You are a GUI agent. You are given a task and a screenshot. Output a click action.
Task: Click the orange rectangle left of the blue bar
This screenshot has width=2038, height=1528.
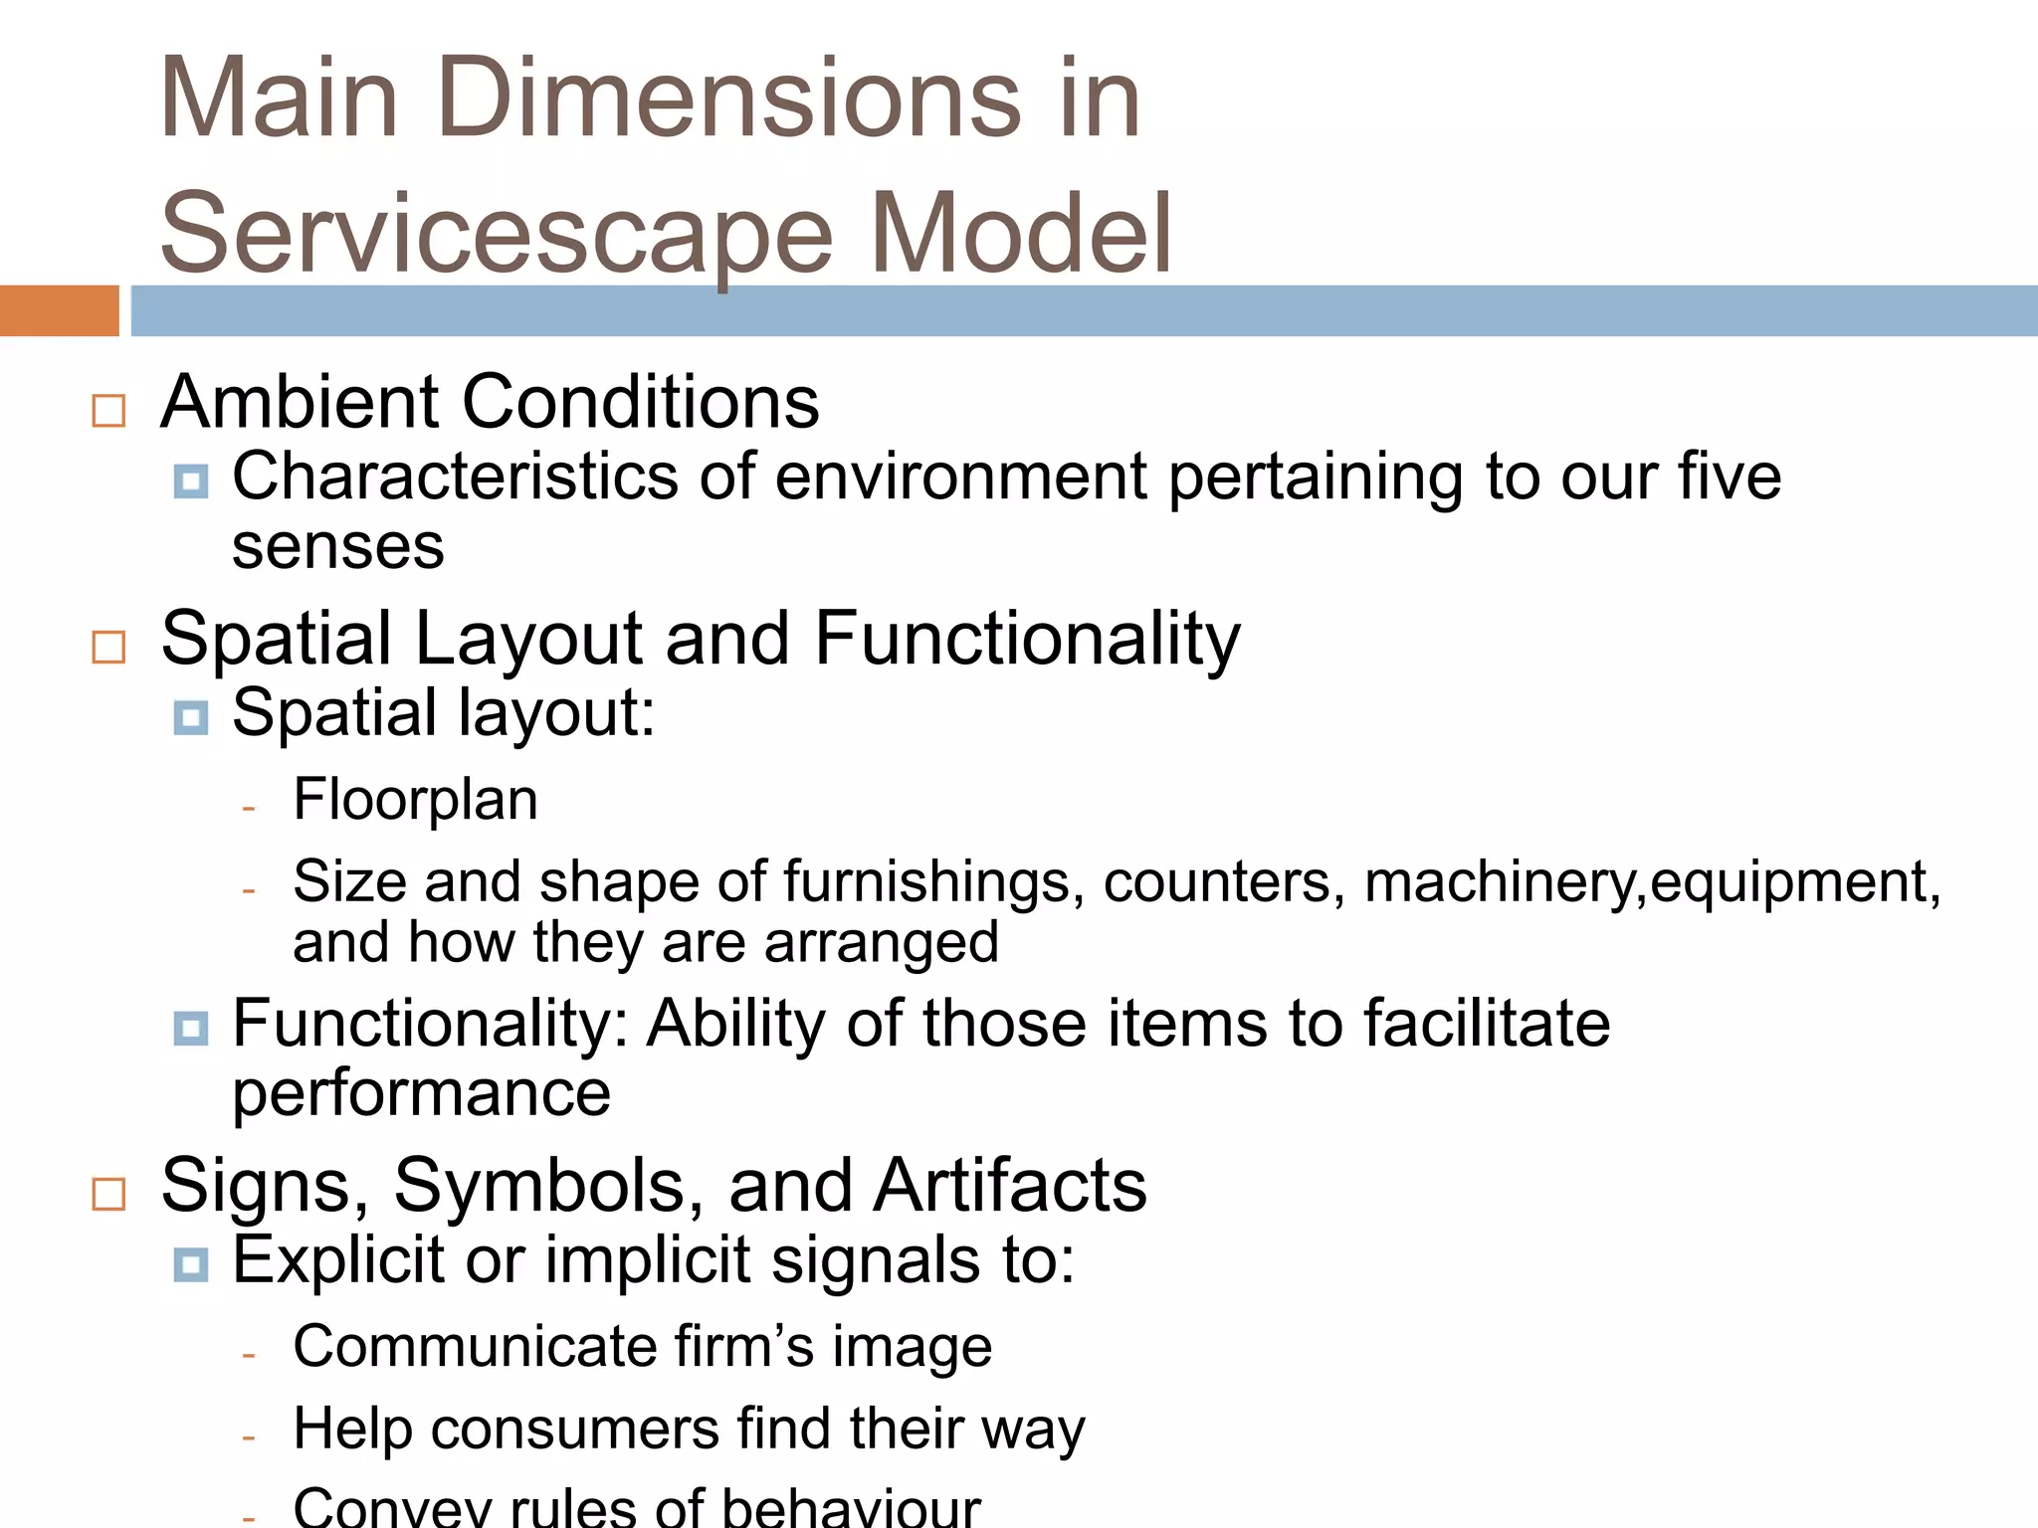(x=59, y=310)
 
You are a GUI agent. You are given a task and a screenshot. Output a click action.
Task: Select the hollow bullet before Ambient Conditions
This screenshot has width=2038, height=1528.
(x=108, y=411)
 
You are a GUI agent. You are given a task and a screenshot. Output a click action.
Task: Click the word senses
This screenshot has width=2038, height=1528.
(x=337, y=546)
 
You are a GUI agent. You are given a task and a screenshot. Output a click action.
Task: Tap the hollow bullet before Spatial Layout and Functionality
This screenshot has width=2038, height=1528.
(x=108, y=647)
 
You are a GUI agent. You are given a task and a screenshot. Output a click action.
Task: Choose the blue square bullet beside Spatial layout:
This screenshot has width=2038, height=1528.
(x=190, y=717)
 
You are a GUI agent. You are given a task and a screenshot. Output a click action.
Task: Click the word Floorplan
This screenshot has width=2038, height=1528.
(x=415, y=799)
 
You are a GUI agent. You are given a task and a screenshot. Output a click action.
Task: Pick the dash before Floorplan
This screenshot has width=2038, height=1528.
(x=249, y=807)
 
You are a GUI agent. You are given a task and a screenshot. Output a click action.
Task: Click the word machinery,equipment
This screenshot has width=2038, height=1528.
(x=1652, y=881)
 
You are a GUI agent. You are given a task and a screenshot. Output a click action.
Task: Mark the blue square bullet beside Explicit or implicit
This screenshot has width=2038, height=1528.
(x=190, y=1265)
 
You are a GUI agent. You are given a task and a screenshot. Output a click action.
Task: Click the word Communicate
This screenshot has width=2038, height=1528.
(x=474, y=1346)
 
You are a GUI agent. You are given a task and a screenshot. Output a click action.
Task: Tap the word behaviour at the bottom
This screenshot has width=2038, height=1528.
(x=851, y=1508)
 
